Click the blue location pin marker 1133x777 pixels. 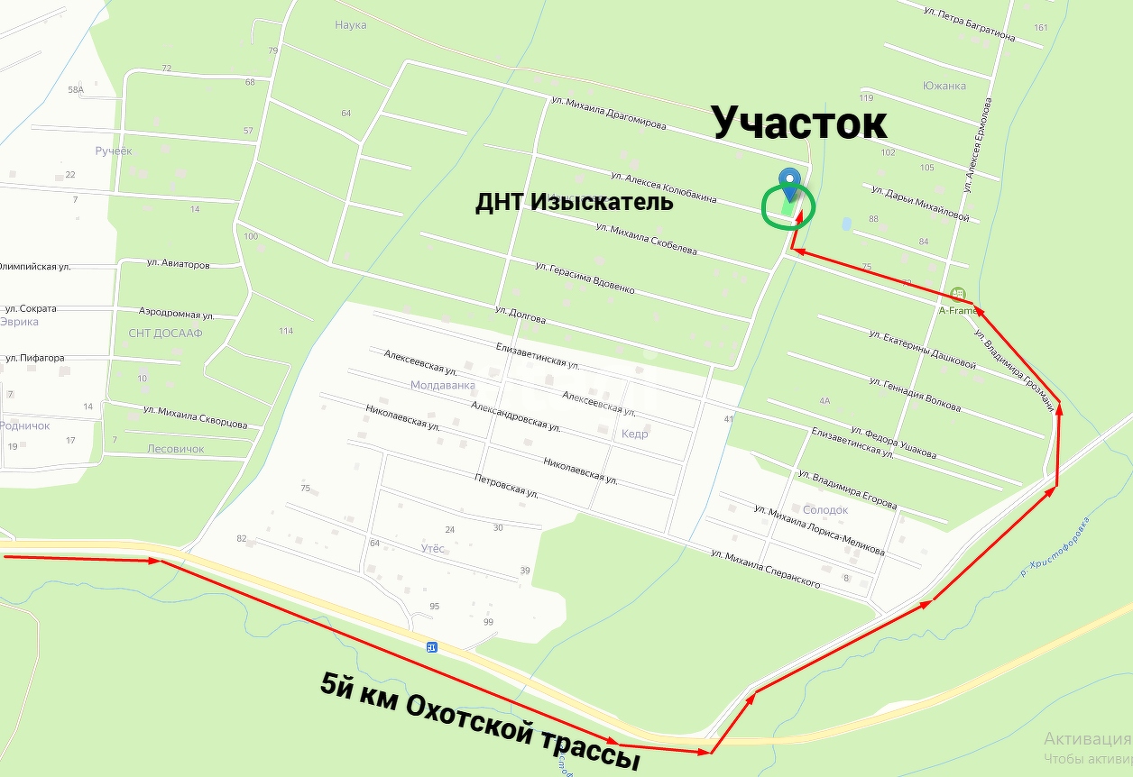tap(789, 183)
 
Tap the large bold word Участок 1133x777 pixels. tap(799, 123)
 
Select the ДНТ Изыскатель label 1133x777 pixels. tap(575, 202)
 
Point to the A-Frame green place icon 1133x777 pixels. tap(958, 295)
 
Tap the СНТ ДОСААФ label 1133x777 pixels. tap(165, 334)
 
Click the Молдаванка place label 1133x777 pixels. tap(442, 385)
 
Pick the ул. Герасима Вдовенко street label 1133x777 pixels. tap(585, 279)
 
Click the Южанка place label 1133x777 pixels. tap(944, 87)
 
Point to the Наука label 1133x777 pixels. tap(350, 25)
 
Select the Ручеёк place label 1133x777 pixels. tap(114, 151)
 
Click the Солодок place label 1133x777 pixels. tap(825, 510)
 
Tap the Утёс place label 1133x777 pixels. tap(432, 549)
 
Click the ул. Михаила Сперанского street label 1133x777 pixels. tap(765, 569)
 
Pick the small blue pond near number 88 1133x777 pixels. tap(845, 223)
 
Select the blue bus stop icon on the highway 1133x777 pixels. tap(432, 646)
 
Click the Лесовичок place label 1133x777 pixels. tap(176, 449)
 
